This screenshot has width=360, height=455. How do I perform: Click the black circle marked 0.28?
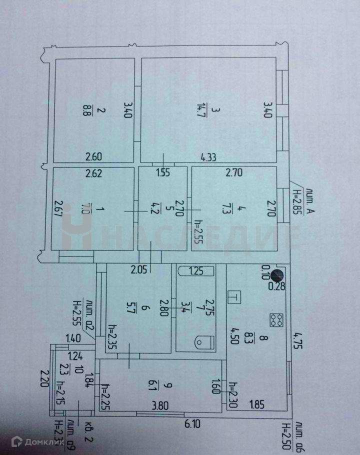pyautogui.click(x=277, y=274)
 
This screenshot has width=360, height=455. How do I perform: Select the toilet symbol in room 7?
pyautogui.click(x=202, y=342)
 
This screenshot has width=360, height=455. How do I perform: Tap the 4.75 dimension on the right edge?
pyautogui.click(x=297, y=342)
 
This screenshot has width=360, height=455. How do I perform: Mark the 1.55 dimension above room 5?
pyautogui.click(x=163, y=174)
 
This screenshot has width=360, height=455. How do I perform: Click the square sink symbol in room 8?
pyautogui.click(x=233, y=296)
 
